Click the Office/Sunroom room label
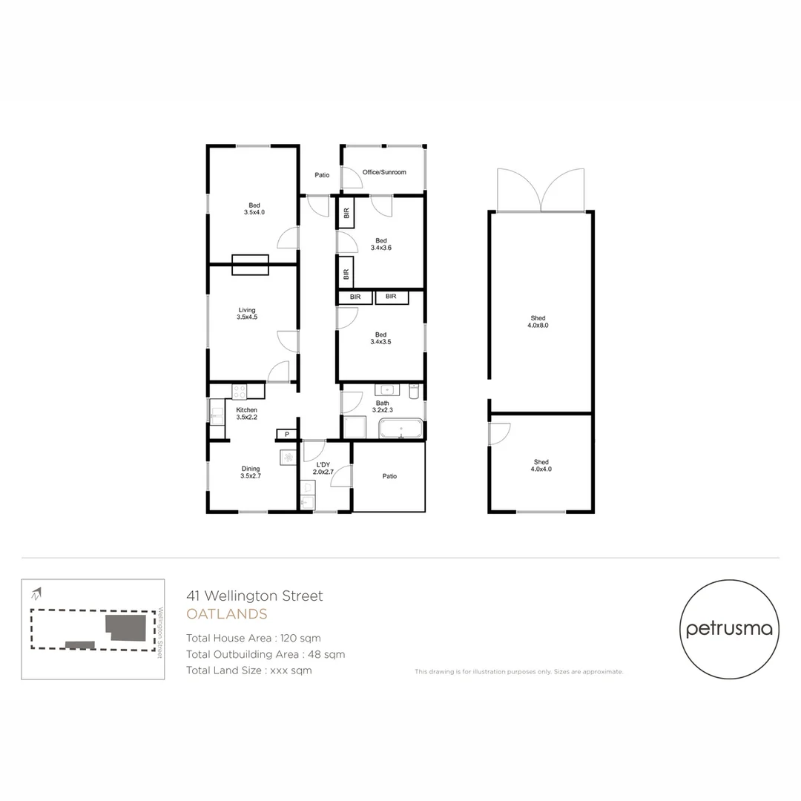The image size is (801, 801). point(384,172)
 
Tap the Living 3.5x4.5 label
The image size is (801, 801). point(247,314)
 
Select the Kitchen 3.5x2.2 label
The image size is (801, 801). point(247,413)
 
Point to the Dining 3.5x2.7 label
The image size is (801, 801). point(251,472)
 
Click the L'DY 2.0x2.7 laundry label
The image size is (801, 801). point(323,468)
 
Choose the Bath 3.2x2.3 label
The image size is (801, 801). point(383,406)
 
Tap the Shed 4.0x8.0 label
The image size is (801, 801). point(538,321)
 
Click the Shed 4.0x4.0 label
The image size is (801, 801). point(541,465)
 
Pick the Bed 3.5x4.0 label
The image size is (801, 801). point(254,208)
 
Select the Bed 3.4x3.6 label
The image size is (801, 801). point(381,244)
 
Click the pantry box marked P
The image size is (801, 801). point(286,434)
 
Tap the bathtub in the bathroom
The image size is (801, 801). point(400,429)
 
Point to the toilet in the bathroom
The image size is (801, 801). point(414,390)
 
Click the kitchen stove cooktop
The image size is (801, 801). point(239,391)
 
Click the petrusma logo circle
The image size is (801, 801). point(729,628)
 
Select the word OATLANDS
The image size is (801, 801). point(226,614)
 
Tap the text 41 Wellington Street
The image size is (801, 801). point(254,596)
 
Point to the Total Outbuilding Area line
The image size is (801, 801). point(266,654)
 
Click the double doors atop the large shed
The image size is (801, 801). point(541,190)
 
